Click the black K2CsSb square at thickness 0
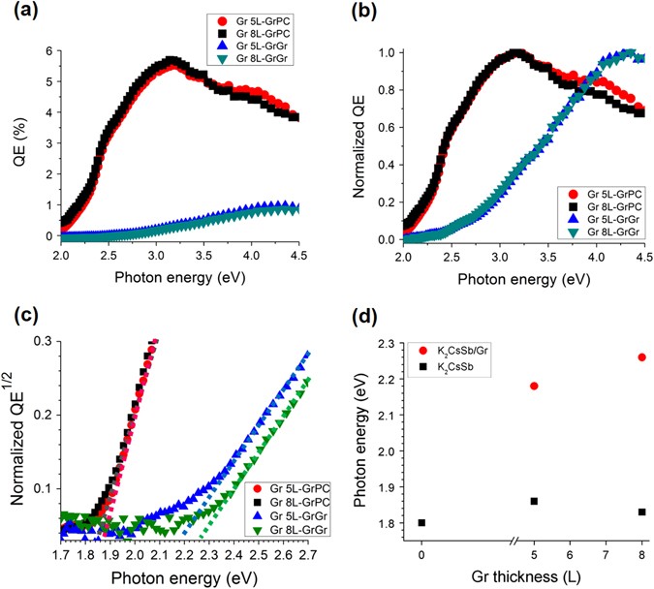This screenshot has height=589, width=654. [421, 523]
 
